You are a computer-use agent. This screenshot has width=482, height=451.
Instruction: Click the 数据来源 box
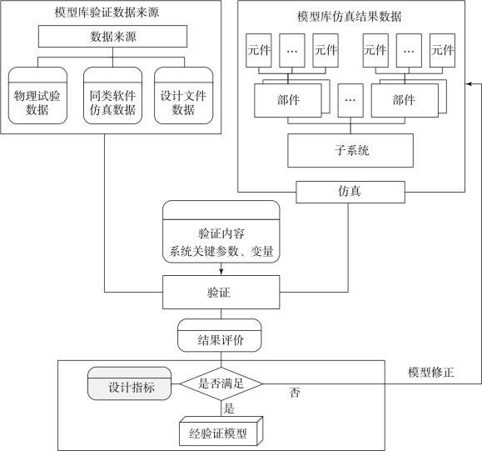point(112,37)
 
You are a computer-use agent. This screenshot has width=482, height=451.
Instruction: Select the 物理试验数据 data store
point(37,96)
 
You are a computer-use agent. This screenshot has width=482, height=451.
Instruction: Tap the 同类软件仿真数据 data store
point(113,96)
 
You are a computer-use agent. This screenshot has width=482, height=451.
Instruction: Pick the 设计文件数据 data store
point(183,96)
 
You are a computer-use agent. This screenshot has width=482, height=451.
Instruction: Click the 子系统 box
point(350,151)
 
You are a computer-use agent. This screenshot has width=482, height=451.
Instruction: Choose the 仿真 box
point(350,192)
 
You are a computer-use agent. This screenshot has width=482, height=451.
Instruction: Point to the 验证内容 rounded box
point(221,232)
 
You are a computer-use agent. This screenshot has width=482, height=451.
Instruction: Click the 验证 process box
point(221,292)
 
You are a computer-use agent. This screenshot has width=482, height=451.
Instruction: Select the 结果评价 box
point(220,335)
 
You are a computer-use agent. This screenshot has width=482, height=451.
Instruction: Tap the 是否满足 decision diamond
point(221,383)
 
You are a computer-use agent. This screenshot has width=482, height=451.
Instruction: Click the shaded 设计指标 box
point(129,383)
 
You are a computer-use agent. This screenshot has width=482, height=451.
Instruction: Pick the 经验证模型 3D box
point(221,431)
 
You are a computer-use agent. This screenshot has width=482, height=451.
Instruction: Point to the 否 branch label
point(295,393)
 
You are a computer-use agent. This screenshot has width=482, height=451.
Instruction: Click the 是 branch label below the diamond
point(229,408)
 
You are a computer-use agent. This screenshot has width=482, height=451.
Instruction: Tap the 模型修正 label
point(430,373)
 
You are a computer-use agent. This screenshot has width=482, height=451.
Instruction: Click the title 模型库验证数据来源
point(107,13)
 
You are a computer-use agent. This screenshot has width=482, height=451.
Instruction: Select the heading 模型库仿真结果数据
point(349,17)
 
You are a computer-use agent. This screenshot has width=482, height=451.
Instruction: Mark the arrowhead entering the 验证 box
point(221,272)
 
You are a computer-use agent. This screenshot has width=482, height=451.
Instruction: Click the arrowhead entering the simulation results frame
point(469,83)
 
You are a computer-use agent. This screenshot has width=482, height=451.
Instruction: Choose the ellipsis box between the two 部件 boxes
point(350,100)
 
